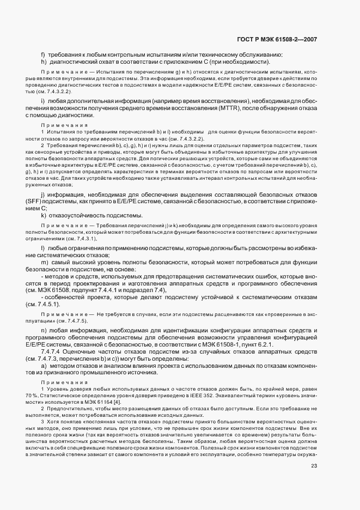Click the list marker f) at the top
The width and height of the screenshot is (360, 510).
pyautogui.click(x=42, y=54)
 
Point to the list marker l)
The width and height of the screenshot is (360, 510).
pyautogui.click(x=42, y=248)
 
